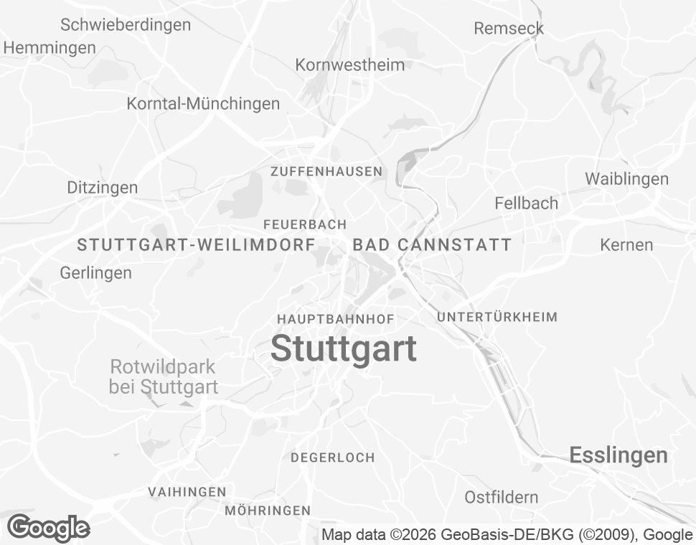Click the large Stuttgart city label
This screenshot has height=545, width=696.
pyautogui.click(x=344, y=349)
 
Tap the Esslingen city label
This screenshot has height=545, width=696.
pyautogui.click(x=618, y=455)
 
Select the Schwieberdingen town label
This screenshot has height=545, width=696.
pyautogui.click(x=126, y=25)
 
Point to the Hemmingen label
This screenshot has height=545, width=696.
pyautogui.click(x=50, y=48)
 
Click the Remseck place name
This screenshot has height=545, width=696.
pyautogui.click(x=509, y=29)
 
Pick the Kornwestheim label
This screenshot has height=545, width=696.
pyautogui.click(x=349, y=65)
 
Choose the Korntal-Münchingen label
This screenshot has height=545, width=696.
pyautogui.click(x=203, y=103)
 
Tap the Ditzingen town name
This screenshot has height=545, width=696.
pyautogui.click(x=102, y=188)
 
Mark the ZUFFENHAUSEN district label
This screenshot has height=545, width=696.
pyautogui.click(x=326, y=171)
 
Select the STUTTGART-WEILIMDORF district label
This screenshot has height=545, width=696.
pyautogui.click(x=196, y=245)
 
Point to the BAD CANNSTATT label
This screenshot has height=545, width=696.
pyautogui.click(x=432, y=245)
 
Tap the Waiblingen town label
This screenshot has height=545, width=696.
pyautogui.click(x=626, y=179)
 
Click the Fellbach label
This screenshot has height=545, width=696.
pyautogui.click(x=526, y=203)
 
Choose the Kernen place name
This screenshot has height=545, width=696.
pyautogui.click(x=626, y=245)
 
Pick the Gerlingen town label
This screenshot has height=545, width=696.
pyautogui.click(x=95, y=272)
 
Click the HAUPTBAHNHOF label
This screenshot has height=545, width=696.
pyautogui.click(x=336, y=318)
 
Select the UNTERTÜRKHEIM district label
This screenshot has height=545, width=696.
pyautogui.click(x=497, y=317)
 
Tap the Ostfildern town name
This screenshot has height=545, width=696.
pyautogui.click(x=501, y=497)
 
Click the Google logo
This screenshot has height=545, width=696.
pyautogui.click(x=48, y=529)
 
